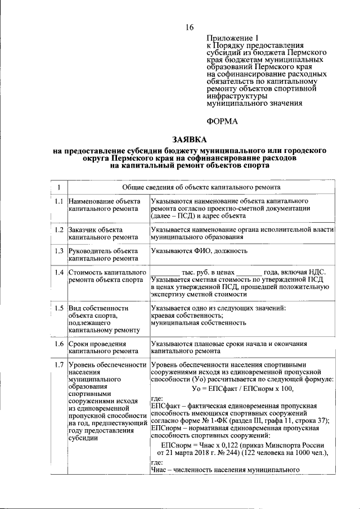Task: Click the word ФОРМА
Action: click(x=222, y=121)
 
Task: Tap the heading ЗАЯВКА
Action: click(x=190, y=139)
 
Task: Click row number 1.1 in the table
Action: click(x=58, y=201)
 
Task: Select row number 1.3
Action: click(x=58, y=251)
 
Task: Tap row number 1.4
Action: click(x=58, y=272)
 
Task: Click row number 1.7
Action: click(x=58, y=364)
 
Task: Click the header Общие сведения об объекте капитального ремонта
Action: click(x=202, y=187)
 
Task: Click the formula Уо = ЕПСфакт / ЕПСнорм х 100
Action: click(x=242, y=389)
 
